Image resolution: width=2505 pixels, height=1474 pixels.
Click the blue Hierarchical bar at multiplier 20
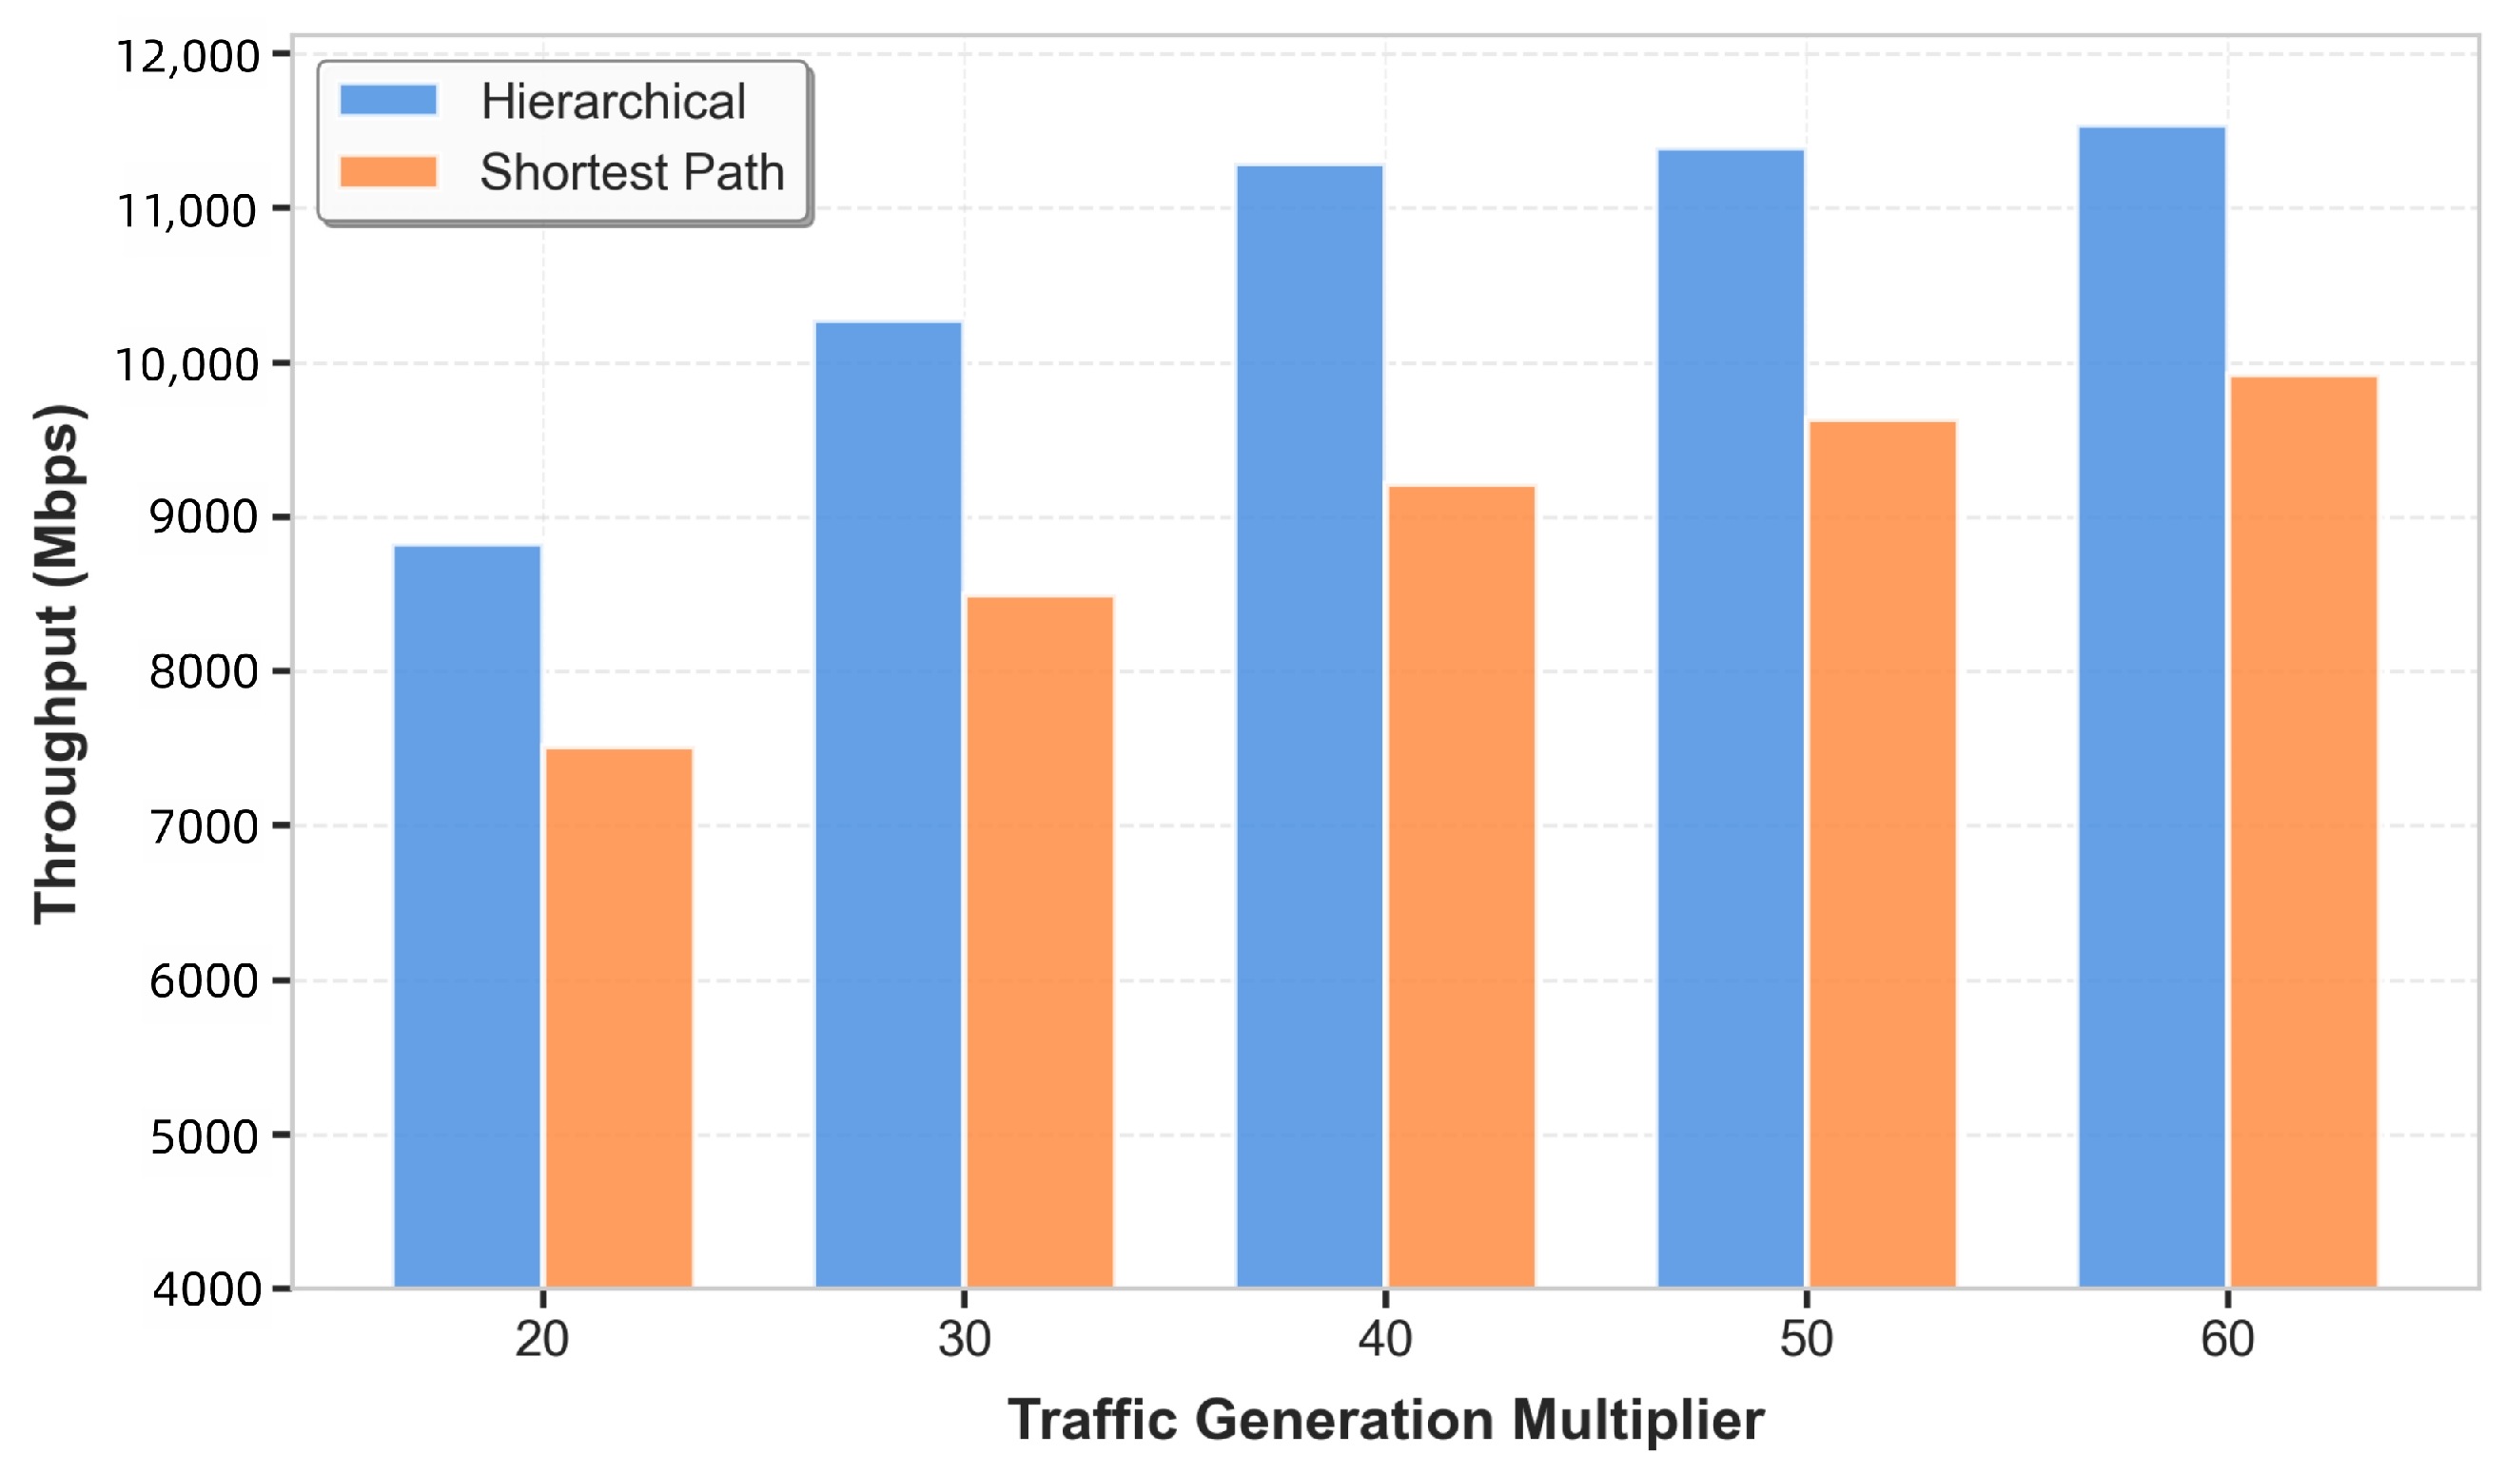(467, 917)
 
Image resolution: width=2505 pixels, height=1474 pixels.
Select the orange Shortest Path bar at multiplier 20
(619, 1018)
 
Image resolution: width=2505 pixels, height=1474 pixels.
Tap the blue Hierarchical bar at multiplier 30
(889, 805)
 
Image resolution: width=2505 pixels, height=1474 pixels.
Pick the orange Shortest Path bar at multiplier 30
(1041, 942)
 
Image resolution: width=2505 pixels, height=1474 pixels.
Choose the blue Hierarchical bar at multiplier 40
(1310, 727)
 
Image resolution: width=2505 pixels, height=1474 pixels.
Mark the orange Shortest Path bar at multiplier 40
(1462, 886)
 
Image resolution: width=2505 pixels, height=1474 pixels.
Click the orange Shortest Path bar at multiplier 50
(1883, 855)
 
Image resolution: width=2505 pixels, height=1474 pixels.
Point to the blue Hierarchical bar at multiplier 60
(2152, 708)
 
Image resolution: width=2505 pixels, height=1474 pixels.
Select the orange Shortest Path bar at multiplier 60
(2304, 833)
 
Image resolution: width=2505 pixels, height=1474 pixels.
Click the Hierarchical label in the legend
(614, 102)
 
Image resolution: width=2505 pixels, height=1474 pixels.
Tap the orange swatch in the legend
(389, 172)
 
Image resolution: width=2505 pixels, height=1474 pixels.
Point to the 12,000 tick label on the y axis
(187, 56)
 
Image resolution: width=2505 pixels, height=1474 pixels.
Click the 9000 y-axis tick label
(205, 516)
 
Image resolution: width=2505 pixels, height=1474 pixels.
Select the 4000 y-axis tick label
(206, 1290)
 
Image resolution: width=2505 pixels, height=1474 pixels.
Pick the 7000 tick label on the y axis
(205, 826)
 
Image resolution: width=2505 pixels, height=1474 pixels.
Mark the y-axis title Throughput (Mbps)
(58, 664)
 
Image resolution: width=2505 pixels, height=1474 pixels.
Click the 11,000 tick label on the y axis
(187, 211)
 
